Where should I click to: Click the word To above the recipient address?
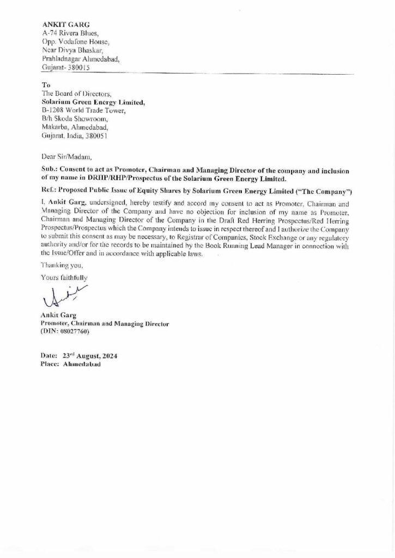point(46,86)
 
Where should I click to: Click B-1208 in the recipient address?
point(52,111)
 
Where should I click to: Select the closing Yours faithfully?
point(64,277)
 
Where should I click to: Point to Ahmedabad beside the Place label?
point(82,364)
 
